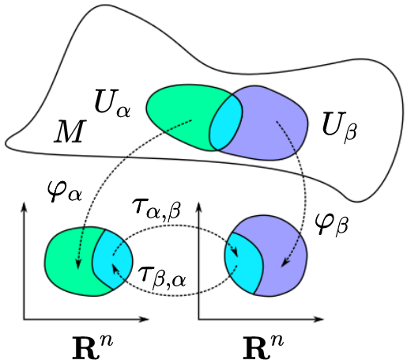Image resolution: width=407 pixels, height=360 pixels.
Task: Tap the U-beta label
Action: pos(339,125)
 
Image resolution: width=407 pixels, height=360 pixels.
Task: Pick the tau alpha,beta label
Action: pos(157,209)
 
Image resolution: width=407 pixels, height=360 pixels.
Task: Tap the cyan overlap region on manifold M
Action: pos(226,123)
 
